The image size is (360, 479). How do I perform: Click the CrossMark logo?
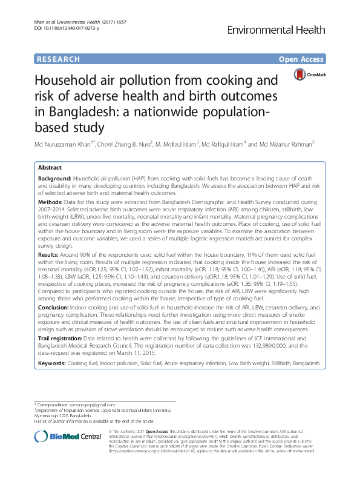click(x=308, y=74)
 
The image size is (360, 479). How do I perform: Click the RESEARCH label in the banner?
click(x=58, y=59)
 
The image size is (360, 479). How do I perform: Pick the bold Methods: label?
click(x=50, y=200)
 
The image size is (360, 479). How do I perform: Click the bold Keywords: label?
click(x=52, y=362)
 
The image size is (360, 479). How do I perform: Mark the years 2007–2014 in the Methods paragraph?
click(x=54, y=207)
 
